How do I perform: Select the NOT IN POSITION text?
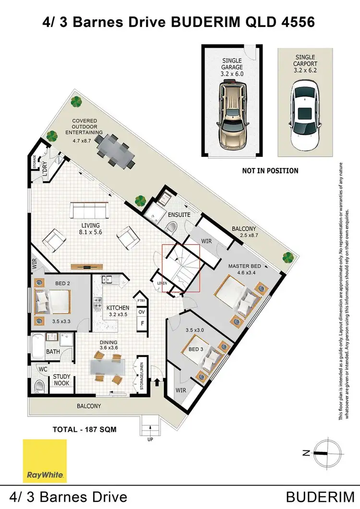pyautogui.click(x=270, y=171)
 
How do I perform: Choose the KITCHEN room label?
pyautogui.click(x=118, y=308)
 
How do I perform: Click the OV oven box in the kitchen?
pyautogui.click(x=142, y=312)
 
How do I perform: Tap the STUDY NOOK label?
pyautogui.click(x=61, y=380)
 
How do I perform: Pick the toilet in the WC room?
pyautogui.click(x=40, y=385)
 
